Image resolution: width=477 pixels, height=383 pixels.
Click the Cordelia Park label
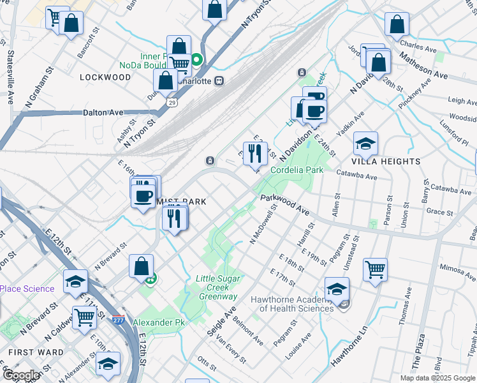[x=297, y=170]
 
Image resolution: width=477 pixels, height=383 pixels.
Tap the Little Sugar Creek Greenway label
[x=217, y=287]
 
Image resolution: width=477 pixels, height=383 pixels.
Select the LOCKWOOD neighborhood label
[x=105, y=77]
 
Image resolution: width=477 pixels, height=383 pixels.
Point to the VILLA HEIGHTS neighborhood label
[x=386, y=161]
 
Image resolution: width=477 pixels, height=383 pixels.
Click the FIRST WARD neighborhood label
[x=36, y=352]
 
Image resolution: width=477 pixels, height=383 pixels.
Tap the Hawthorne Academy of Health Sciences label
[x=284, y=304]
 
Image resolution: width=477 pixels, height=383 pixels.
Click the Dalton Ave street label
[x=103, y=112]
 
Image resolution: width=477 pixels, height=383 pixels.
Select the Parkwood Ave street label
[x=284, y=205]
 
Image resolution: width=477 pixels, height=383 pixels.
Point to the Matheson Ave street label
[x=423, y=65]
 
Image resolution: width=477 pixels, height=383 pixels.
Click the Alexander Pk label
[x=158, y=323]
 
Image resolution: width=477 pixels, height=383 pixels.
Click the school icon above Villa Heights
[x=365, y=144]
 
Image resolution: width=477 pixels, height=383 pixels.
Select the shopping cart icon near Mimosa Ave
[x=375, y=269]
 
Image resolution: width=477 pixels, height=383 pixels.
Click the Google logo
[x=20, y=375]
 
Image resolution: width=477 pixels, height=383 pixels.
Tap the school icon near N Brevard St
[x=75, y=282]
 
